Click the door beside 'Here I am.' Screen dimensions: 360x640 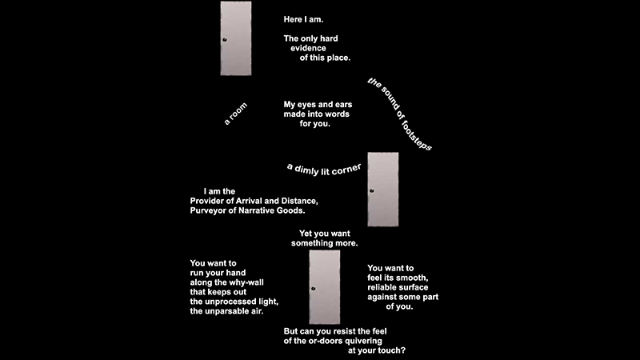click(236, 38)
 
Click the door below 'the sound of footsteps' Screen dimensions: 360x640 click(382, 189)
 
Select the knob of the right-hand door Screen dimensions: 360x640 click(371, 190)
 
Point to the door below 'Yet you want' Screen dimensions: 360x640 click(324, 286)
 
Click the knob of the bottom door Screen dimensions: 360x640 click(314, 288)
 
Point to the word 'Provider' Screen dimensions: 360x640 click(210, 200)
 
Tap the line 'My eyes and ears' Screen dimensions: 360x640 click(318, 105)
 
